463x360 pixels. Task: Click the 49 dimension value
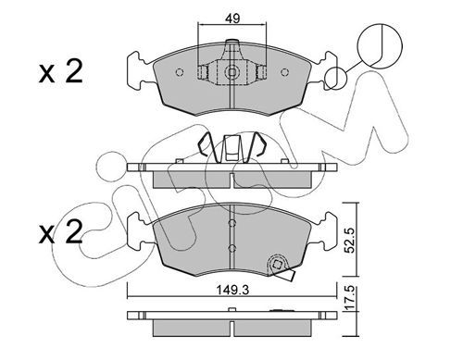[x=232, y=19]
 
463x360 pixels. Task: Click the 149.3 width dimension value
[x=232, y=290]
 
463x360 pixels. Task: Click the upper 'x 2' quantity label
[x=61, y=72]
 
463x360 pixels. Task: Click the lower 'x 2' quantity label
[x=61, y=232]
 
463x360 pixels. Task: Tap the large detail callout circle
[x=380, y=45]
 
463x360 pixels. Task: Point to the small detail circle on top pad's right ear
[x=336, y=78]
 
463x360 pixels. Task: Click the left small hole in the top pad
[x=180, y=72]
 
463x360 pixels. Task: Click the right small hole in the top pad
[x=284, y=72]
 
